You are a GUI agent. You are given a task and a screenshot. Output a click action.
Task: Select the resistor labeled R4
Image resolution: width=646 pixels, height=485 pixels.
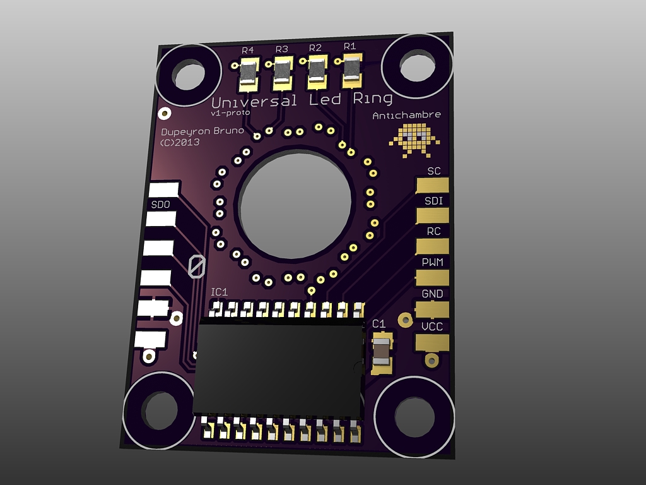249,75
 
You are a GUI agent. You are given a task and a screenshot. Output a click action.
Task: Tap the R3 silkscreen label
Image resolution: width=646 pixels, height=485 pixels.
281,49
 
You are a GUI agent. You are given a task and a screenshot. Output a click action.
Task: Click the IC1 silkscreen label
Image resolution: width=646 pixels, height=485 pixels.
219,292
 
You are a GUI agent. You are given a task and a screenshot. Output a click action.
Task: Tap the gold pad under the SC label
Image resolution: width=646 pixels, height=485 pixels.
432,185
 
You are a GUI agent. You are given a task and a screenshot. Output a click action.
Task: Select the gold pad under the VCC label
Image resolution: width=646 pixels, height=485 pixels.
432,342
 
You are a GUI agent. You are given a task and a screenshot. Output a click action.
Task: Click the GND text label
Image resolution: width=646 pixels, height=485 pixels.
432,294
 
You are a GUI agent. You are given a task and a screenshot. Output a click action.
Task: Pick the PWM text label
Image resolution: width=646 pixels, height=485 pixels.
433,262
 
